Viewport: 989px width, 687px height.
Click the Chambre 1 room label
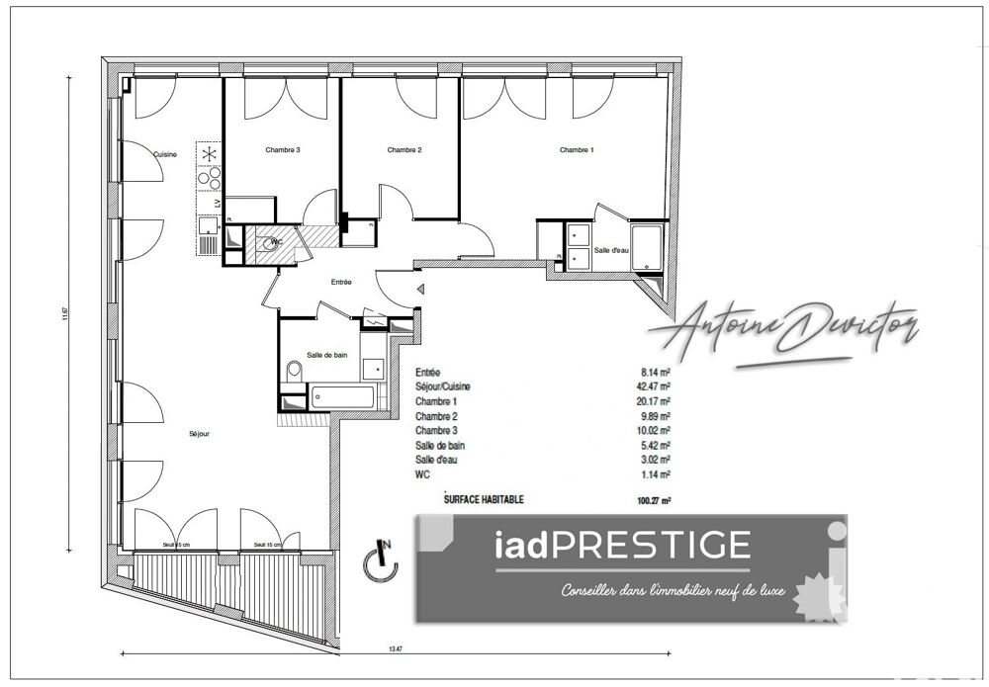click(577, 150)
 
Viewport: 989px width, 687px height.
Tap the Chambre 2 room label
click(405, 150)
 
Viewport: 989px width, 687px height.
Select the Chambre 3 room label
click(282, 150)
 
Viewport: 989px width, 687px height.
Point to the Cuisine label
click(165, 153)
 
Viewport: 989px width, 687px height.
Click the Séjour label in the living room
click(200, 433)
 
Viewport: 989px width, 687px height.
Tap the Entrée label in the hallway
click(341, 282)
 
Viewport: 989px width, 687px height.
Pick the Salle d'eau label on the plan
click(612, 252)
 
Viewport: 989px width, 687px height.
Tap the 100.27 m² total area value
click(655, 501)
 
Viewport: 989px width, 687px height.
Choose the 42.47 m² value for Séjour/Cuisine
click(656, 386)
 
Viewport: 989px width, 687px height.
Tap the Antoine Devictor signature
click(782, 332)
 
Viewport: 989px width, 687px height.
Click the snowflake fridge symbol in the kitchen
click(209, 154)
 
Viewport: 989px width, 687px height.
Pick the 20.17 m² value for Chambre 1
click(656, 401)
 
